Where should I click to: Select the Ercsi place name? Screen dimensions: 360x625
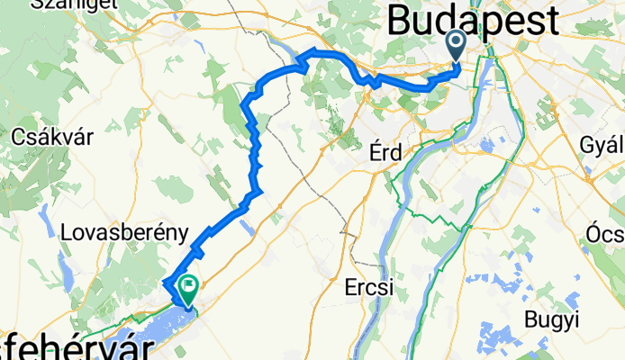point(370,289)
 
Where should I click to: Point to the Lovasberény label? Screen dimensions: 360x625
point(117,231)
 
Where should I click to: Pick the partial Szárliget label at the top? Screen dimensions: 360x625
point(66,4)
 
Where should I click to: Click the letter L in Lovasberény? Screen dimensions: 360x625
point(66,231)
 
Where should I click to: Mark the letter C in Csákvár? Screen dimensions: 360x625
point(21,138)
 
